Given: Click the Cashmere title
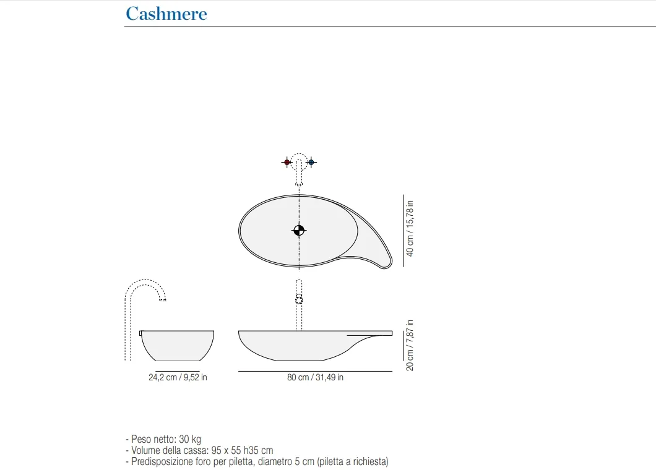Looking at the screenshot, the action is (166, 14).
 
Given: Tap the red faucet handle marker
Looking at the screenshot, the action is (287, 162).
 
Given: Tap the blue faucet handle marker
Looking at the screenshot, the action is (311, 162).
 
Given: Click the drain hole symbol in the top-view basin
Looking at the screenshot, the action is (299, 230).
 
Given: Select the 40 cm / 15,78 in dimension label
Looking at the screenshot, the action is (410, 228).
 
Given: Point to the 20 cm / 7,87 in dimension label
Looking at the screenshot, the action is (410, 346).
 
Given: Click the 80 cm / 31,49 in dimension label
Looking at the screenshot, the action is (315, 377).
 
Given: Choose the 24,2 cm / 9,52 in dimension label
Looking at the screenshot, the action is (178, 377).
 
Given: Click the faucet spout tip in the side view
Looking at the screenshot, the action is (162, 299).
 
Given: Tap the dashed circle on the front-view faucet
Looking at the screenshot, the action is (299, 299).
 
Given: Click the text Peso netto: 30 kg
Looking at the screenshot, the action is (166, 439).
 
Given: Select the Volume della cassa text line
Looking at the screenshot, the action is (199, 450).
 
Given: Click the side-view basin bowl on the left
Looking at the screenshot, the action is (178, 346).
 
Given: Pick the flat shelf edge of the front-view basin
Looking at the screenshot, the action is (370, 333).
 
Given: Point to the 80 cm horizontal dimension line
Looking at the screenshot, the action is (315, 371).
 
